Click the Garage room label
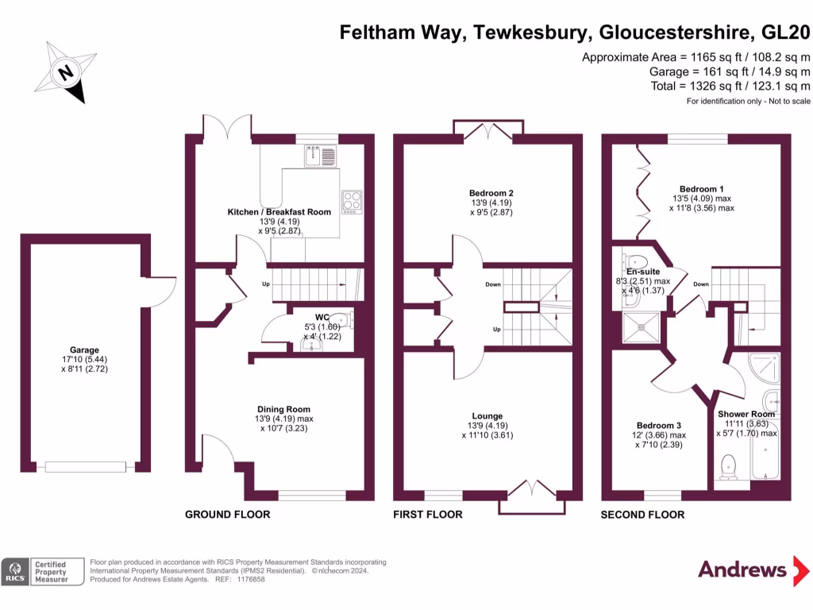click(x=84, y=350)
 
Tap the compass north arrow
click(x=66, y=72)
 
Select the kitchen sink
click(x=322, y=155)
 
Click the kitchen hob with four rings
click(x=351, y=202)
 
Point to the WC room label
click(x=322, y=317)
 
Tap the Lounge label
click(x=487, y=416)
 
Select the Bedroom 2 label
click(x=491, y=193)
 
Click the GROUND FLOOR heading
click(x=227, y=515)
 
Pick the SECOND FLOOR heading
click(x=642, y=515)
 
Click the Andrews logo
click(x=742, y=569)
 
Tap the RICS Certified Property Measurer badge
click(x=43, y=572)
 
